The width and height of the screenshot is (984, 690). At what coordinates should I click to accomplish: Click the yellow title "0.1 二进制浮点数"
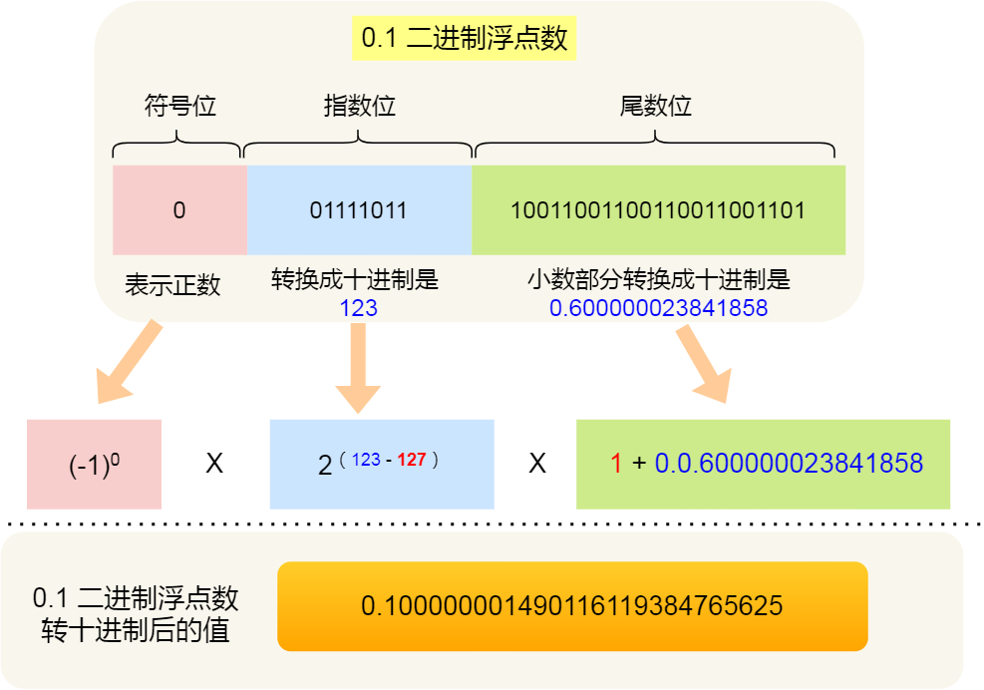pos(465,39)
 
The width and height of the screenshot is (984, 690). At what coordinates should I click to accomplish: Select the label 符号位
pos(179,106)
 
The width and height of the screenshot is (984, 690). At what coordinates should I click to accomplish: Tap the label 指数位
pos(359,106)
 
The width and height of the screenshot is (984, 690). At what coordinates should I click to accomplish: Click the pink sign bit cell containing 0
pos(179,210)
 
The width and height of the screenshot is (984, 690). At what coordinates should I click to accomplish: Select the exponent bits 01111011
pos(359,210)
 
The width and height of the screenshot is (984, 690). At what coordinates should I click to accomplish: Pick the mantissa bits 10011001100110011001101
pos(658,210)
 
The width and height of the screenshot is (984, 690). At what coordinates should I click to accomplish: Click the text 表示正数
pos(172,285)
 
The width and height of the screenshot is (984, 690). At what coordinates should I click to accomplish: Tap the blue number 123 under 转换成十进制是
pos(359,308)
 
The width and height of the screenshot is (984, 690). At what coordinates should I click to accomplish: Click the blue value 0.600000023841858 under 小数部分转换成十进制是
pos(658,308)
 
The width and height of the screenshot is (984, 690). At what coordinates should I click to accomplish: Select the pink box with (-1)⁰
pos(95,465)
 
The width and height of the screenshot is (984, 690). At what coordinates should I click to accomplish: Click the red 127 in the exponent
pos(412,460)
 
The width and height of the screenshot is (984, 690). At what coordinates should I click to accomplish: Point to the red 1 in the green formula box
pos(616,464)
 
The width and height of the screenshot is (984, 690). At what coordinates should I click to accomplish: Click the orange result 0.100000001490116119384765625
pos(572,606)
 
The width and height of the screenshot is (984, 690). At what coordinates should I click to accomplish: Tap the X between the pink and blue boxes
pos(214,465)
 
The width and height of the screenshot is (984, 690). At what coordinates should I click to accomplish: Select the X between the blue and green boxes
pos(537,465)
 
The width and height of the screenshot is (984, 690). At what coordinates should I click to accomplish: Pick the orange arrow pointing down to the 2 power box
pos(359,369)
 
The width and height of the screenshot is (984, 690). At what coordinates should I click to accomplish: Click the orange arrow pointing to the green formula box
pos(704,365)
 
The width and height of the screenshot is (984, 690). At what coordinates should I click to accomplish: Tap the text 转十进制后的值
pos(136,630)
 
